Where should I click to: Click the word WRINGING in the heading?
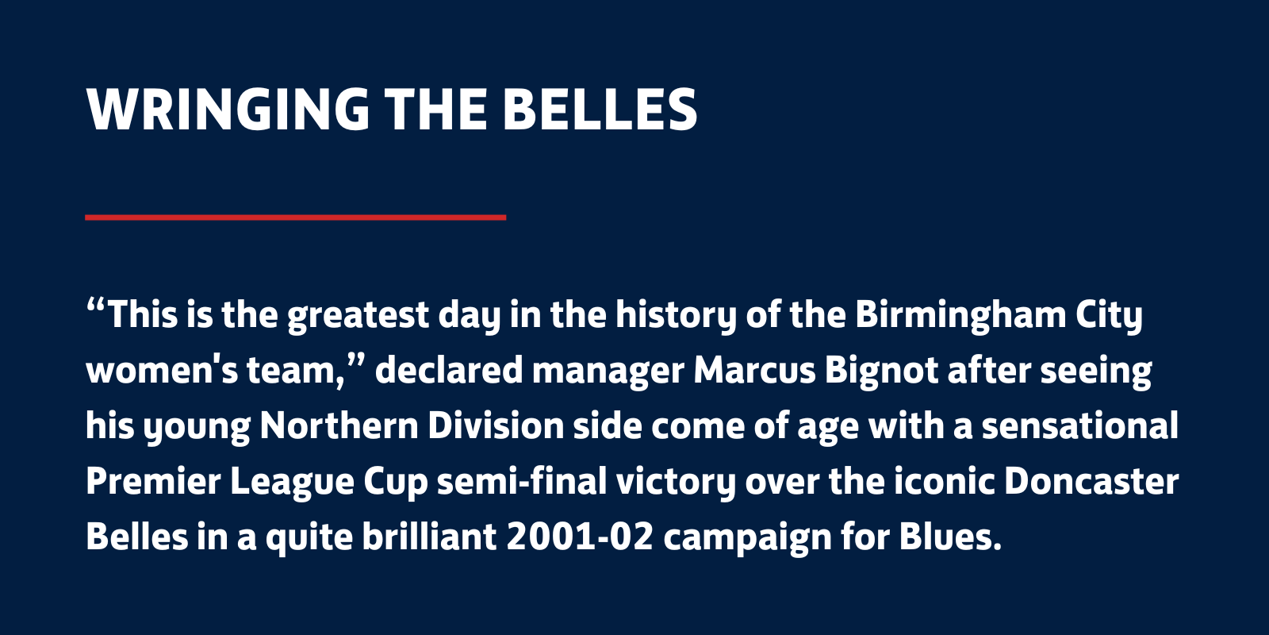228,110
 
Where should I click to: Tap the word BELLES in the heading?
600,110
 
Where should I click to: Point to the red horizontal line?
295,217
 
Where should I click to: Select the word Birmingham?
960,315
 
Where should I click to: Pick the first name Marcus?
754,371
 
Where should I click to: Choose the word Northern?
339,426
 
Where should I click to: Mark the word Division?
496,425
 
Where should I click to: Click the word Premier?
153,482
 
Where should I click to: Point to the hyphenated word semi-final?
522,481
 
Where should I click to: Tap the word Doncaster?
1091,482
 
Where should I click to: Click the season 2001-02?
580,537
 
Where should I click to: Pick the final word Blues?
950,537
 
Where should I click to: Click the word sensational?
1079,425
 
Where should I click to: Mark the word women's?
162,371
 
